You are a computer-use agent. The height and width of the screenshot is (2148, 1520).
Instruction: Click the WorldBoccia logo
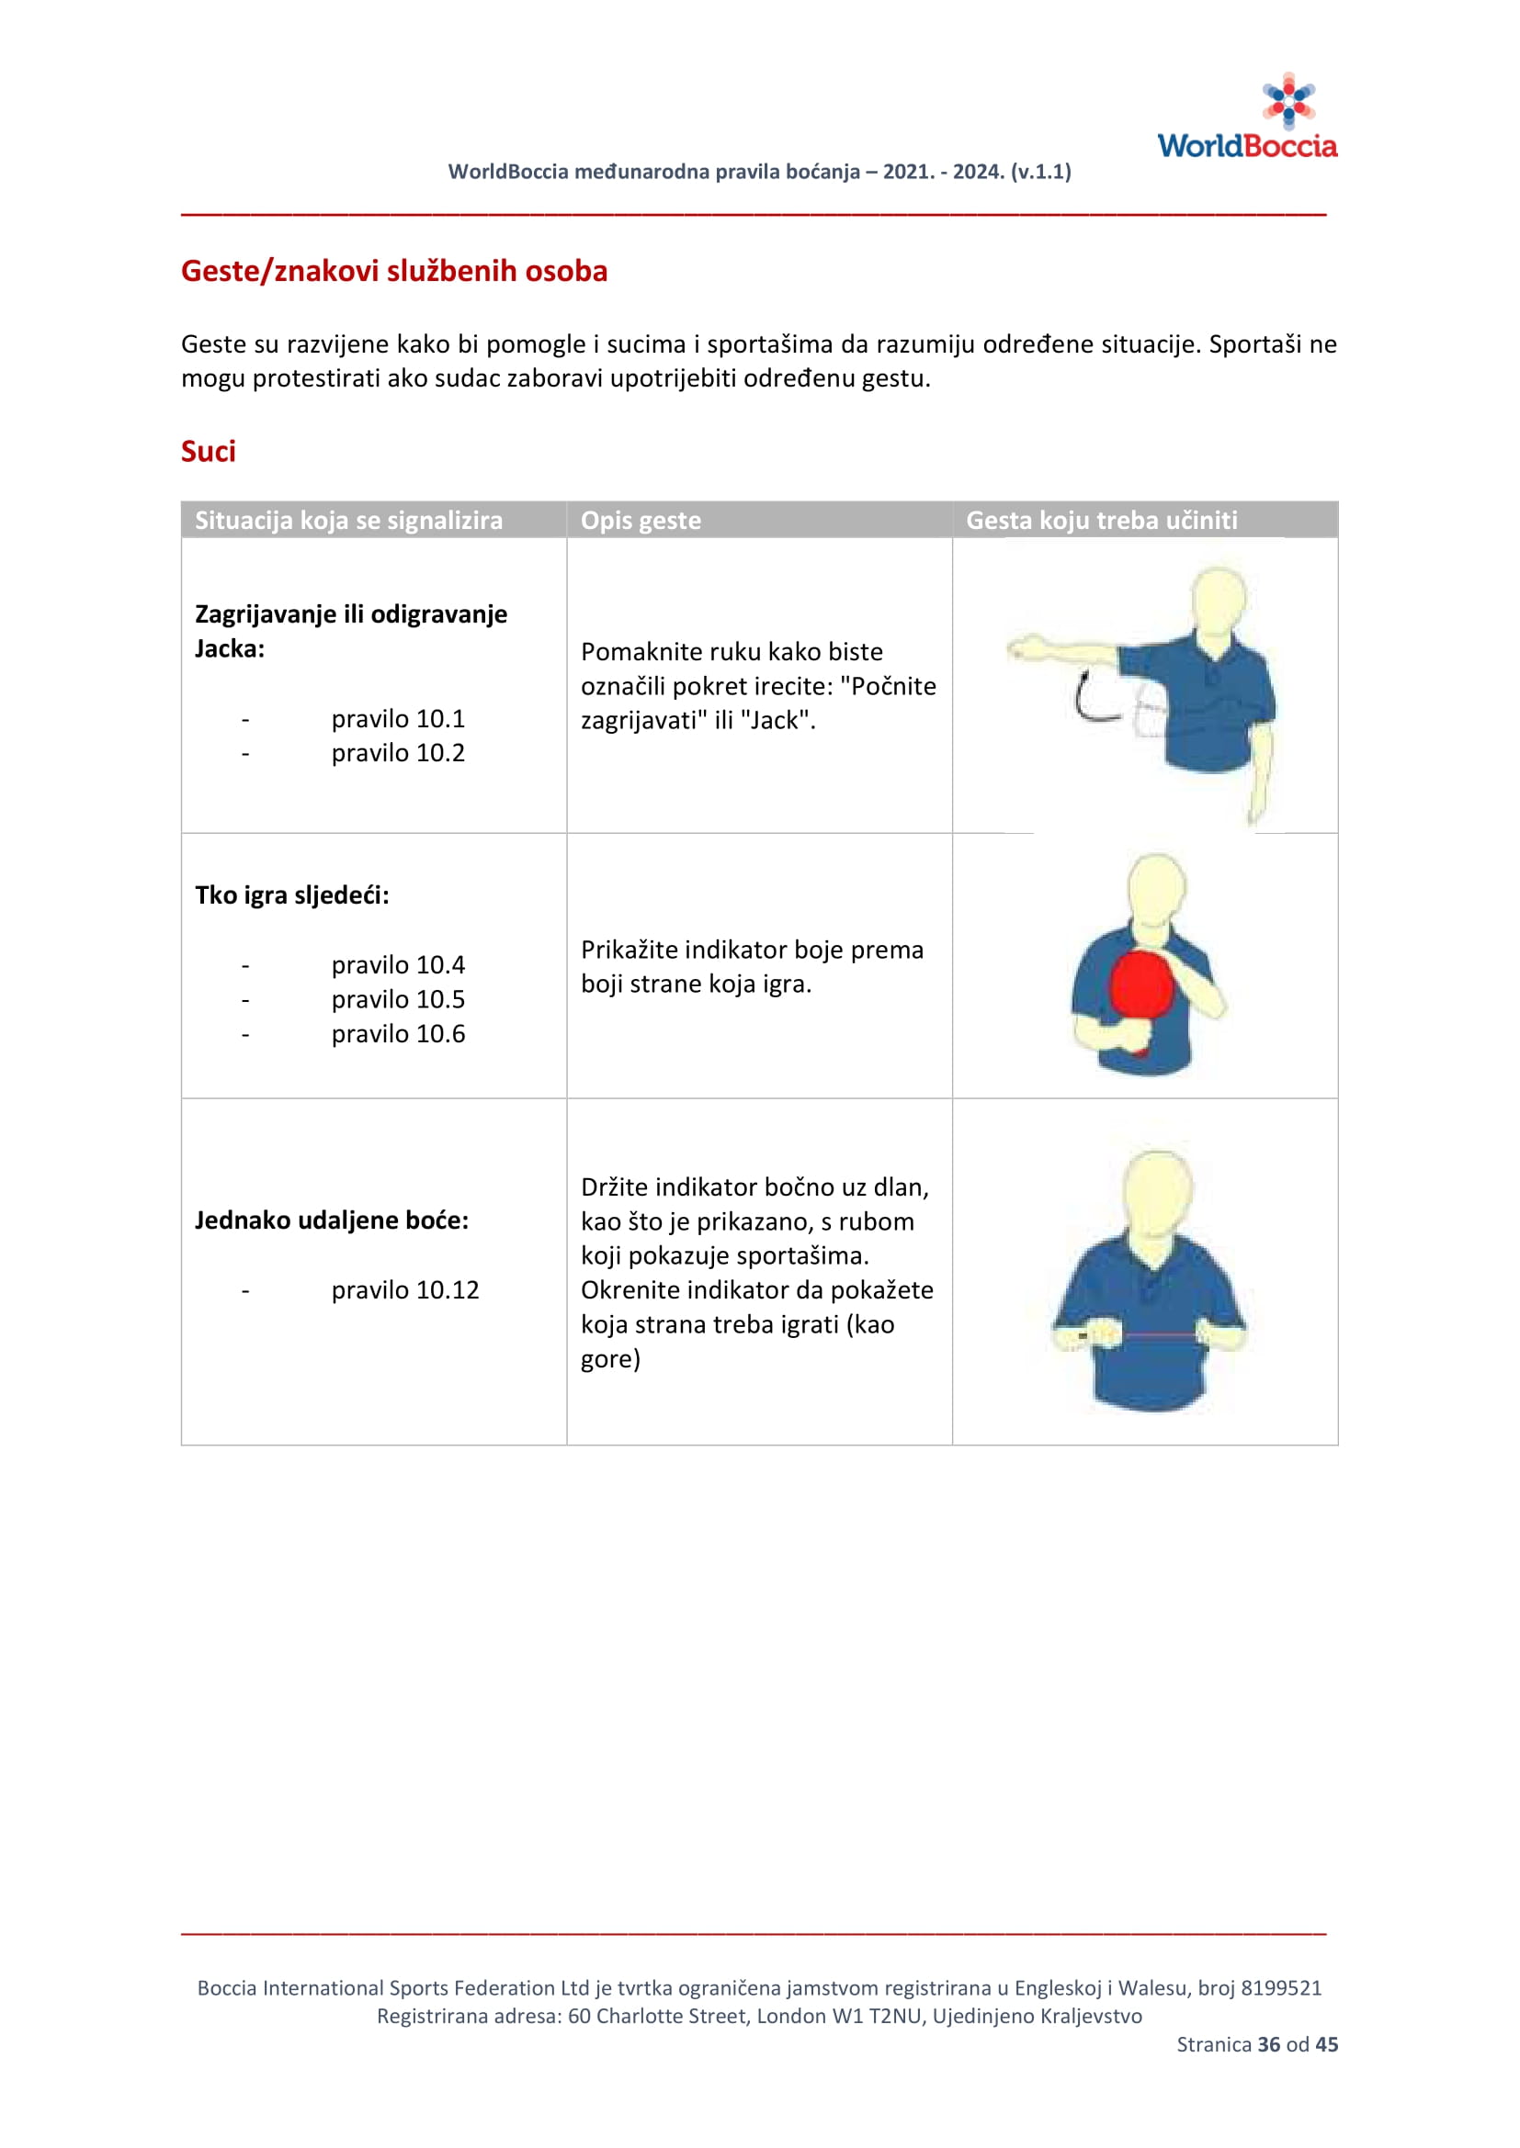point(1247,118)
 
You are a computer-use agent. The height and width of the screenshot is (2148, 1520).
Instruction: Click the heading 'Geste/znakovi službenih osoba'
point(394,271)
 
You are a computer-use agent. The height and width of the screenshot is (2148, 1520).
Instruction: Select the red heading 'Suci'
point(208,452)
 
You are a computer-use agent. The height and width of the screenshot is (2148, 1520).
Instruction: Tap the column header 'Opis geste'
point(641,520)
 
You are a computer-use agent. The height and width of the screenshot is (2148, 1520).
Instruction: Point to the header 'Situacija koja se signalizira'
point(348,520)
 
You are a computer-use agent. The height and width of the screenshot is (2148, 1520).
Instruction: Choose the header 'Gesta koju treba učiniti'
point(1101,520)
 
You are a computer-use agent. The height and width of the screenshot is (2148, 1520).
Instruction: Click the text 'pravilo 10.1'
point(398,718)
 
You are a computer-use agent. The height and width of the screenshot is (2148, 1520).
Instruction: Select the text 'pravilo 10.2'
point(398,753)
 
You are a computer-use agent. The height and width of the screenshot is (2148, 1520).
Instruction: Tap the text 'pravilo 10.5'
point(398,999)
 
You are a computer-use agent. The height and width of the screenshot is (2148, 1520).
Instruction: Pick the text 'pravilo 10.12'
point(404,1290)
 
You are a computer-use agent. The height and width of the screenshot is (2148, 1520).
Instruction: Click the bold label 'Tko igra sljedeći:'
point(292,895)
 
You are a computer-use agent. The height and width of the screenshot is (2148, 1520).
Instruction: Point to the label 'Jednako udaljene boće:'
point(332,1220)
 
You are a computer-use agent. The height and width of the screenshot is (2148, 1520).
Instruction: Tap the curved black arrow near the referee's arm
point(1091,698)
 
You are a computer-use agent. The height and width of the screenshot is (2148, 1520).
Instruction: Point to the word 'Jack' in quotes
point(775,720)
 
